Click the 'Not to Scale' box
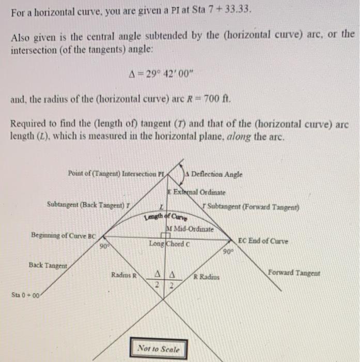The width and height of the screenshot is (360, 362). tap(158, 349)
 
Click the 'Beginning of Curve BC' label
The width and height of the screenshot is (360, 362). tap(64, 235)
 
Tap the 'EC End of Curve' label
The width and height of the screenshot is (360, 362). tap(263, 241)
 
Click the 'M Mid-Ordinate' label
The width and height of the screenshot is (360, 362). tap(186, 229)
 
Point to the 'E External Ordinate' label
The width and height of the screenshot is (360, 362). tap(196, 192)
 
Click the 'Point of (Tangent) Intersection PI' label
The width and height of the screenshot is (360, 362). tap(116, 174)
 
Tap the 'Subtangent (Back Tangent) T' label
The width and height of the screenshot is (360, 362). tap(87, 204)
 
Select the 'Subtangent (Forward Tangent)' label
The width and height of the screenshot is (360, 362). tap(251, 207)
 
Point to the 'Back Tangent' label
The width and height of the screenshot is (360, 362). tap(48, 265)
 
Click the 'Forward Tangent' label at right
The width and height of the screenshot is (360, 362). tap(294, 273)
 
